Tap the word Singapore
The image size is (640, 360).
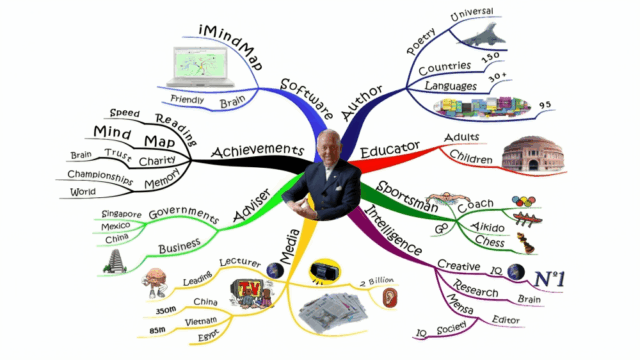pyautogui.click(x=122, y=214)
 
